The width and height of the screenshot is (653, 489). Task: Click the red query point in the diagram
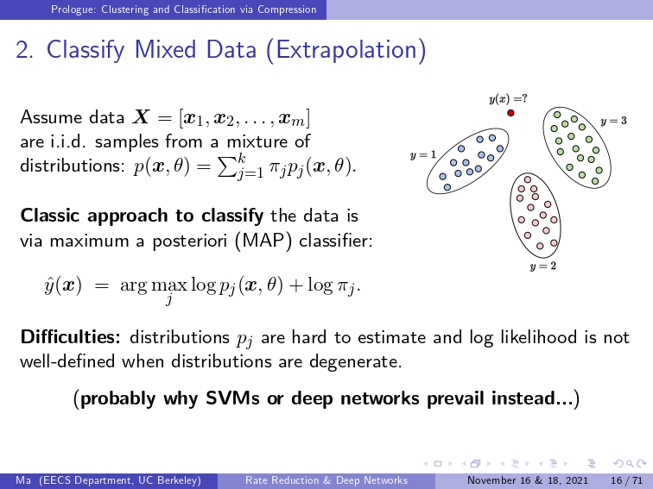pos(510,113)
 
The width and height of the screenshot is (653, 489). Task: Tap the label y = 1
pos(423,155)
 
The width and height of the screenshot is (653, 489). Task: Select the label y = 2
pos(543,266)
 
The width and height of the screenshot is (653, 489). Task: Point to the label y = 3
pos(613,121)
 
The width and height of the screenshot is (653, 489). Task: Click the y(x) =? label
pos(508,99)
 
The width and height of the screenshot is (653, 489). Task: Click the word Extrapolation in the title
pos(346,49)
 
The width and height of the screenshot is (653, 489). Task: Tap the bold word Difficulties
pos(70,337)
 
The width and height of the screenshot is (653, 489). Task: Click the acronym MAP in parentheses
pos(263,241)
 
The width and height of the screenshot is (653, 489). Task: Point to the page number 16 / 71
pos(626,480)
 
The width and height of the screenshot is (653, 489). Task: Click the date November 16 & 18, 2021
pos(528,480)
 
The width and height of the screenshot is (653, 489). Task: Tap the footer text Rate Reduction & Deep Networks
pos(326,480)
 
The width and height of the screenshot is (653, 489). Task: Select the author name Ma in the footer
pos(23,480)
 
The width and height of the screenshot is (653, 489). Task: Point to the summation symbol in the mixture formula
pos(228,167)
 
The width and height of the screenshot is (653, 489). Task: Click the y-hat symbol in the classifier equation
pos(49,285)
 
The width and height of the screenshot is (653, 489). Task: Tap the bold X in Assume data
pos(141,117)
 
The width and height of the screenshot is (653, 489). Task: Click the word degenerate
pos(356,361)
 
